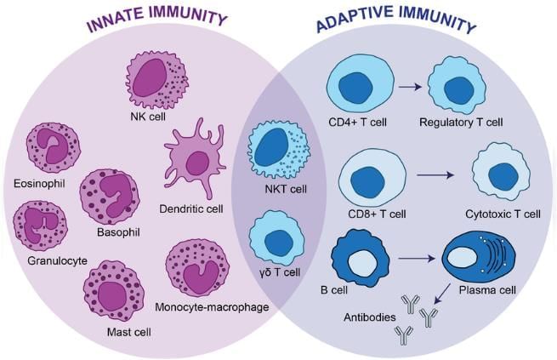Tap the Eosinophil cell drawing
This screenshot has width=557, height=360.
coord(52,148)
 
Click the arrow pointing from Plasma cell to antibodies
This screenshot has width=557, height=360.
coord(441,294)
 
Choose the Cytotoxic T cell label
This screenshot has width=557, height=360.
coord(503,214)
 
